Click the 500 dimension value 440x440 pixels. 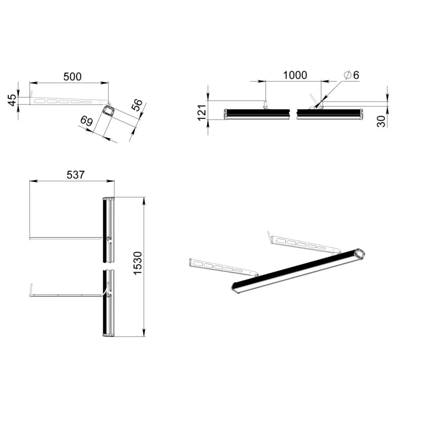click(73, 77)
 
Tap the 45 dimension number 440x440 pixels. click(12, 100)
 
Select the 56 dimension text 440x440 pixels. click(137, 105)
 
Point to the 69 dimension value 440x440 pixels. click(87, 121)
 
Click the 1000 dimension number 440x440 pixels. click(295, 75)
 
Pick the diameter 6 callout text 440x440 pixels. click(351, 75)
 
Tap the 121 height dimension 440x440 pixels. click(202, 113)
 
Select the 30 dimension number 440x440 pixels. click(381, 121)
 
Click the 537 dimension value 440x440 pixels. click(76, 175)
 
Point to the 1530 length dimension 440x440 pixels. click(137, 263)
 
